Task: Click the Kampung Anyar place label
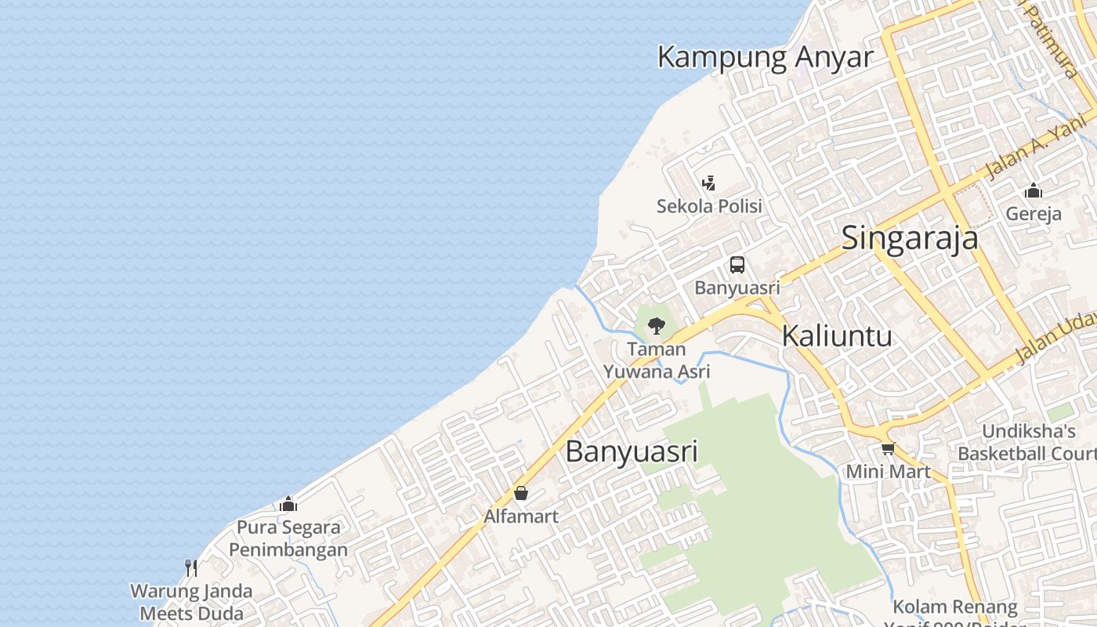tap(765, 57)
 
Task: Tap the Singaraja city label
tap(910, 238)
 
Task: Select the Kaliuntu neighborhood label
tap(838, 336)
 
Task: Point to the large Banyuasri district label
tap(632, 452)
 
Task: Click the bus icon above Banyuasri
tap(737, 265)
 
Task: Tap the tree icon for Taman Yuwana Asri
tap(657, 324)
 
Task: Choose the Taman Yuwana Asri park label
tap(657, 360)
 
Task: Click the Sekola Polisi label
tap(709, 206)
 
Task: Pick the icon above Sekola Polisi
tap(709, 183)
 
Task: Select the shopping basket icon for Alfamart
tap(521, 493)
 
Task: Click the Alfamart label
tap(521, 516)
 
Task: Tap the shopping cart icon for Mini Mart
tap(888, 449)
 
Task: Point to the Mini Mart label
tap(888, 472)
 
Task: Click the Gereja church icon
tap(1034, 190)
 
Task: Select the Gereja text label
tap(1034, 214)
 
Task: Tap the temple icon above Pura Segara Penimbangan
tap(288, 504)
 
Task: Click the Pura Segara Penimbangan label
tap(288, 538)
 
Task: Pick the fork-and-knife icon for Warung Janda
tap(191, 567)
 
